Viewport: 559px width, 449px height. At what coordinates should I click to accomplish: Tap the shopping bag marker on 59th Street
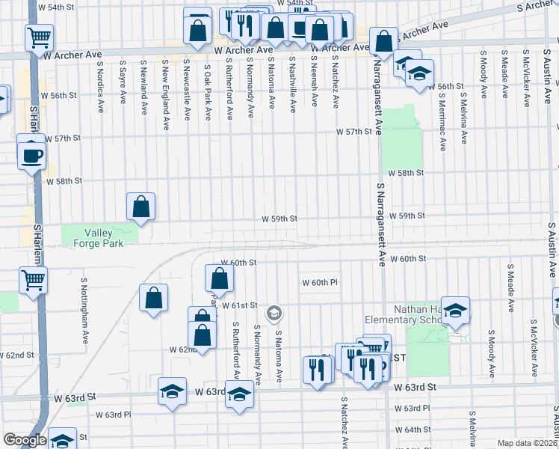[140, 206]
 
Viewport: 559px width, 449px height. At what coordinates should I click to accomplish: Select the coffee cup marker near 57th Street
[31, 154]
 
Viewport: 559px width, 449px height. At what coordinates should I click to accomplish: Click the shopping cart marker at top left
[39, 37]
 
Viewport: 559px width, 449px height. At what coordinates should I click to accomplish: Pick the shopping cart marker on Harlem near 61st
[34, 281]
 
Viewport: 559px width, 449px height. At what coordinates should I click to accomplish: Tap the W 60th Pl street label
[321, 282]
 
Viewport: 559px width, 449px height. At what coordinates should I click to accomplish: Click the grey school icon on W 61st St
[274, 312]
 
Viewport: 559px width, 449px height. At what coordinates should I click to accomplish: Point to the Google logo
[24, 440]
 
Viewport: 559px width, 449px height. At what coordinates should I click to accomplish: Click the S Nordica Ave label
[99, 86]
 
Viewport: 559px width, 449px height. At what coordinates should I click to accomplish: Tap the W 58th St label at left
[64, 181]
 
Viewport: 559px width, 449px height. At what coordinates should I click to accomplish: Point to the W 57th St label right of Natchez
[354, 132]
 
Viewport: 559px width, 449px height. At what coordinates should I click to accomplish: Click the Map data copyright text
[527, 443]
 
